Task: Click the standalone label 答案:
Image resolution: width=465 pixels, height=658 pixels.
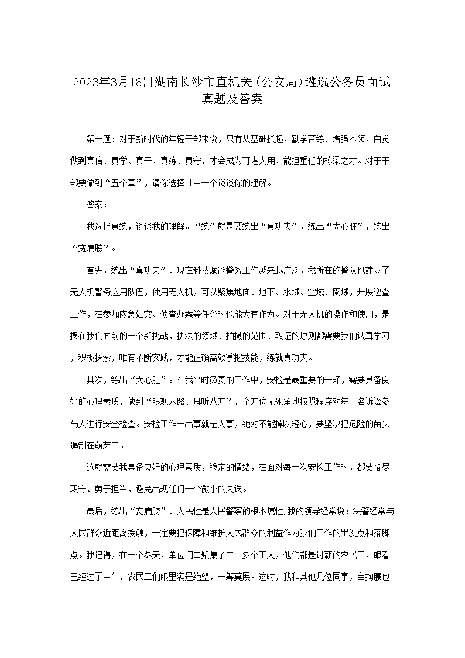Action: [97, 204]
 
